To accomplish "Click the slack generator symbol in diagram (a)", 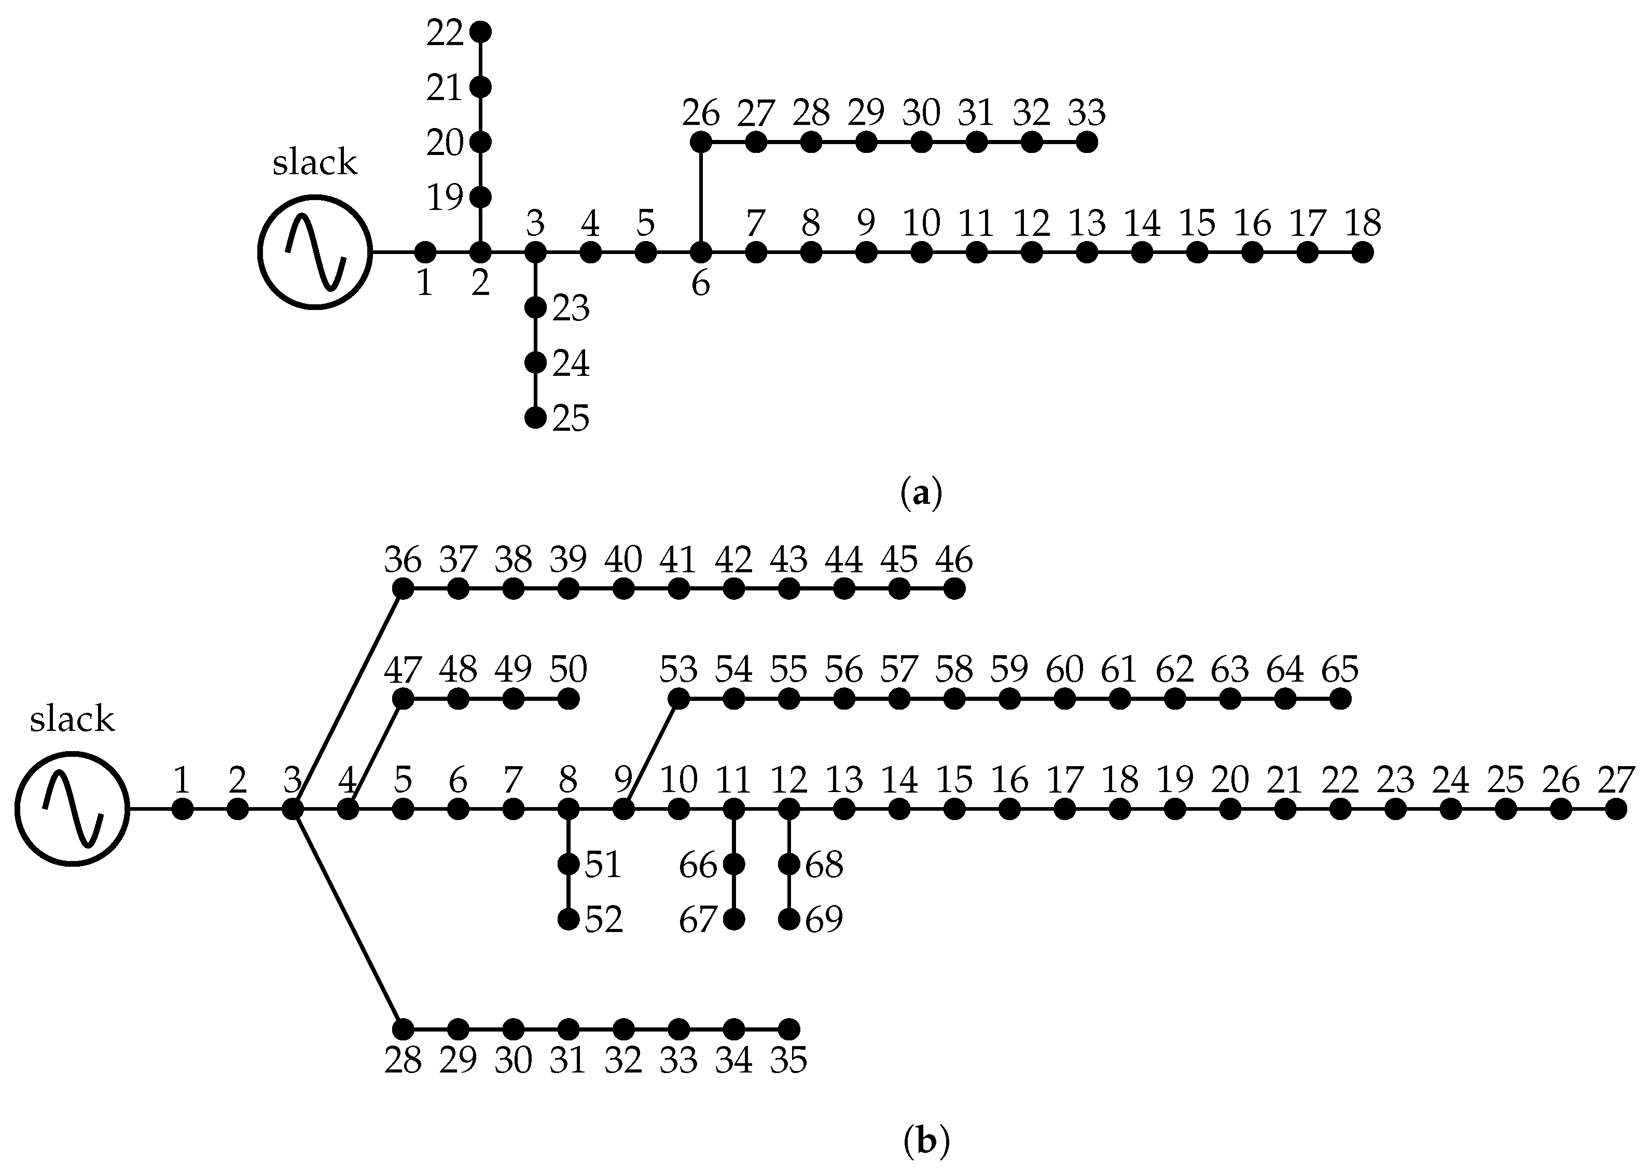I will [315, 252].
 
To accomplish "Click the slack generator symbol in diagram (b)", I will [72, 809].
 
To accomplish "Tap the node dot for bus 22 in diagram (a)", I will [480, 32].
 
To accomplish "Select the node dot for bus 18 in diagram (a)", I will [1362, 252].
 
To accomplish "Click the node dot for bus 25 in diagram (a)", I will [535, 417].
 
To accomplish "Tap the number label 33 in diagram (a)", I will [1087, 113].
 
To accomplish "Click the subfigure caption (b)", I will [926, 1141].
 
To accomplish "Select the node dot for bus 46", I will [954, 589].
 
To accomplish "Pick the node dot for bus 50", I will [569, 699].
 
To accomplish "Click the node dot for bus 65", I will [1340, 699].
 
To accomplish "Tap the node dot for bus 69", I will [789, 920].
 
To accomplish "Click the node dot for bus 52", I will [569, 920].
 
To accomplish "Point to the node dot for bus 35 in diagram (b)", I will [789, 1029].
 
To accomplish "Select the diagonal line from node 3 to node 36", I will [348, 698].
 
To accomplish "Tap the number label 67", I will [698, 921].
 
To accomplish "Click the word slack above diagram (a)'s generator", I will [314, 163].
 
